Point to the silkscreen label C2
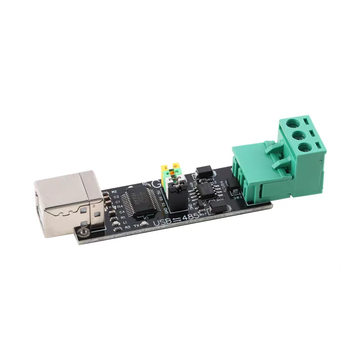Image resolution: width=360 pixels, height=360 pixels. coord(116,197)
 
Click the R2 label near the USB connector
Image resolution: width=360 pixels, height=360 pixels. coord(114,192)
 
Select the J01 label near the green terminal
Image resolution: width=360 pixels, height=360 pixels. coord(237,197)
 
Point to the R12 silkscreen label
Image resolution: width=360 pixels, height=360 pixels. coord(210,180)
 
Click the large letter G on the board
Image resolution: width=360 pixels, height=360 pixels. coord(156,184)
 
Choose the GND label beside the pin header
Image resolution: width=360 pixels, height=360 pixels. coord(168,210)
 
